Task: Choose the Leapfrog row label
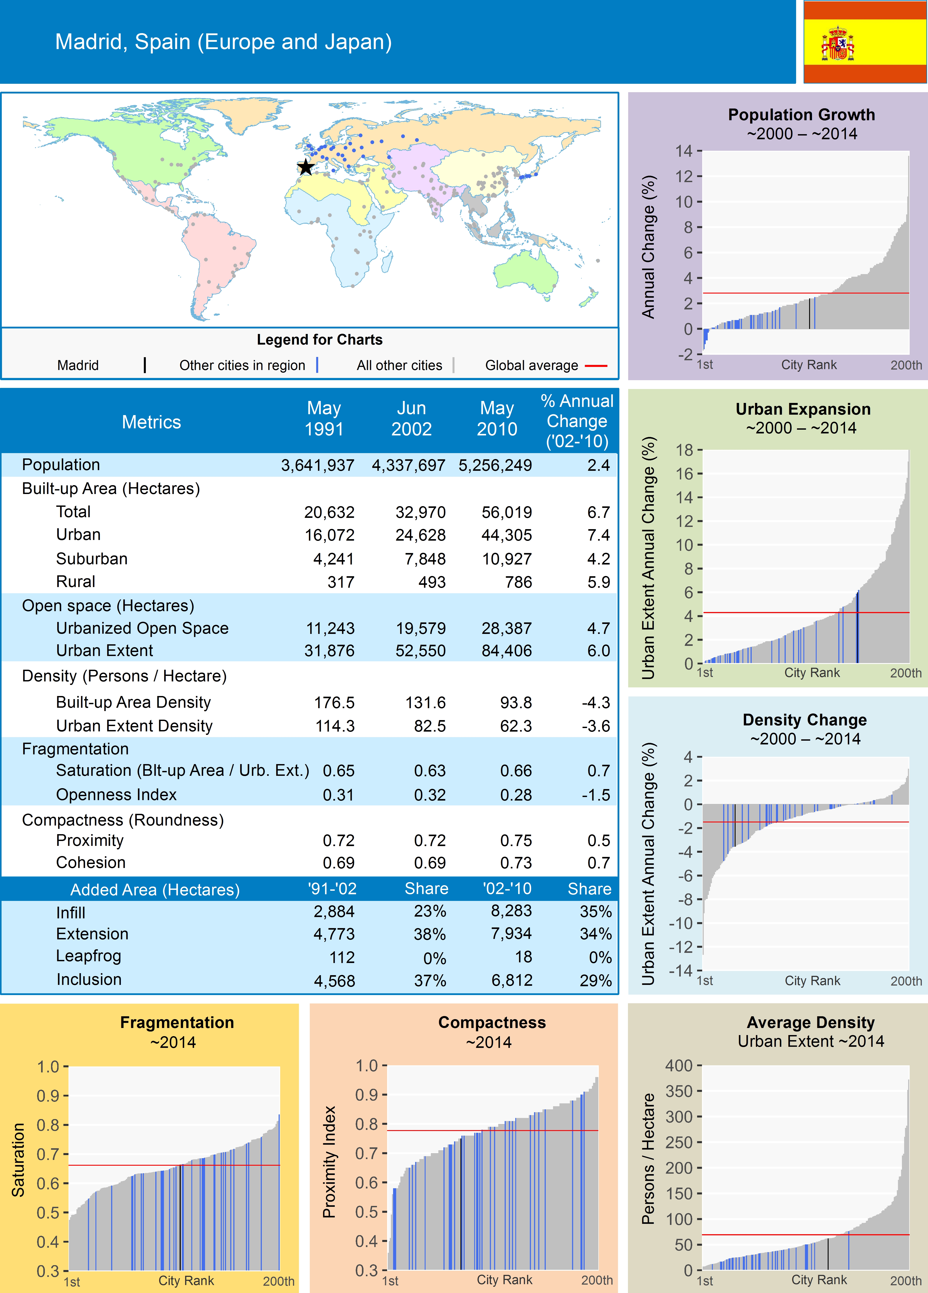(x=88, y=956)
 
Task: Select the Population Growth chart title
(x=801, y=114)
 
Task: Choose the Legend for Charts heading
(x=319, y=340)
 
